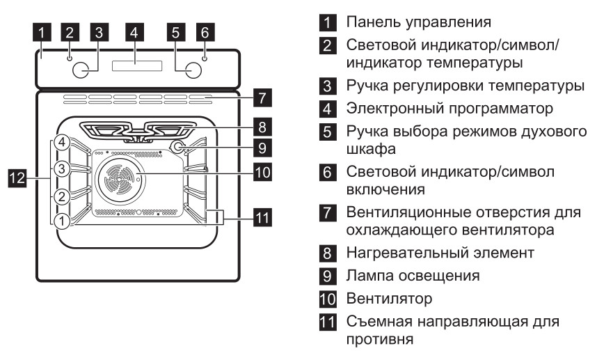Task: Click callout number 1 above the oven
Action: coord(43,31)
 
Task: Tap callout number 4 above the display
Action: coord(136,31)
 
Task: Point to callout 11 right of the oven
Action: coord(262,218)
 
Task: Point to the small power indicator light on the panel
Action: coord(205,58)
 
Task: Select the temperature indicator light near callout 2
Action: coord(69,58)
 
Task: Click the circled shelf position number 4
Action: coord(63,143)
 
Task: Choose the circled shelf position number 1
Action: coord(63,221)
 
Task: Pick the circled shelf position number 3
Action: coord(63,169)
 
